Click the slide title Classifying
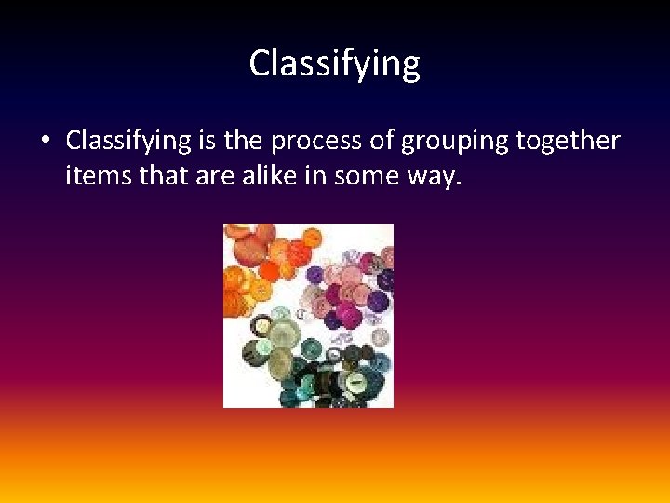pyautogui.click(x=334, y=63)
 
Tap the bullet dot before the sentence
pyautogui.click(x=44, y=142)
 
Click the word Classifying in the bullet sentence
pyautogui.click(x=128, y=142)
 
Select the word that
pyautogui.click(x=162, y=175)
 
